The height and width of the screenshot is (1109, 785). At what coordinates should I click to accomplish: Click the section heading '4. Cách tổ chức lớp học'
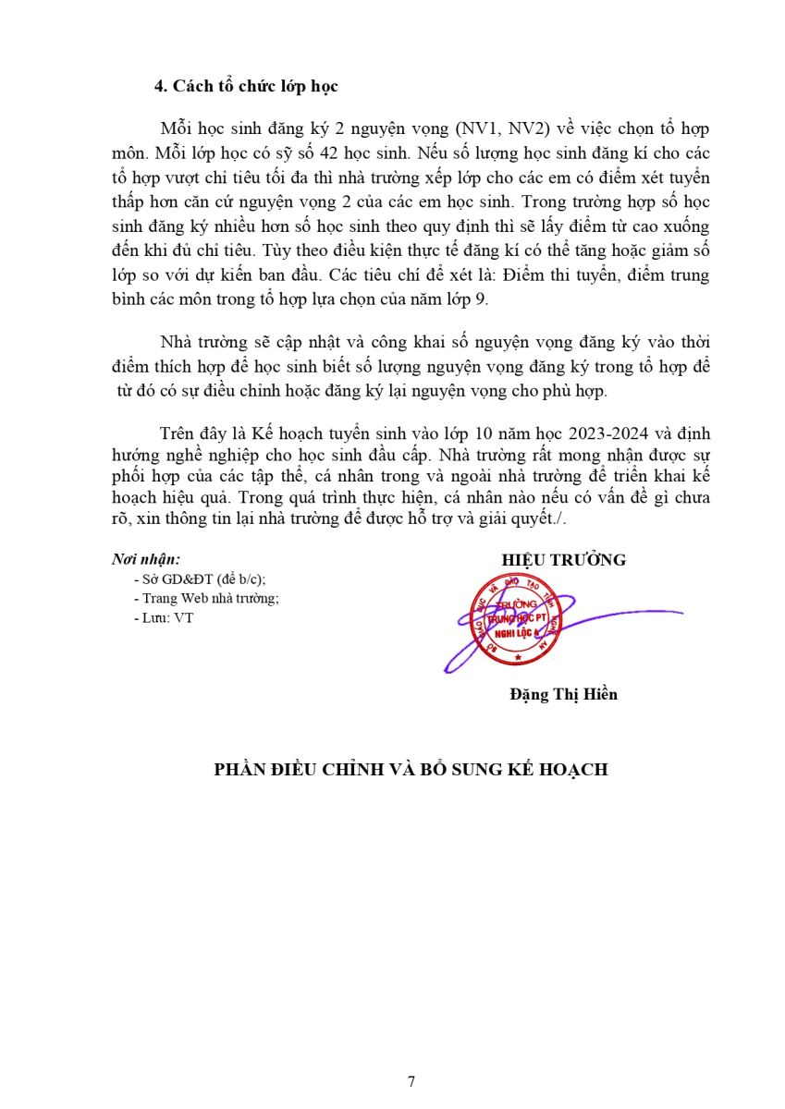tap(246, 87)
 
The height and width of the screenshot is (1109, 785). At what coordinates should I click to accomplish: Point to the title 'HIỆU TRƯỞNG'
tap(564, 560)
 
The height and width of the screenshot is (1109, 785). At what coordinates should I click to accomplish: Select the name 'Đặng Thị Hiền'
tap(563, 694)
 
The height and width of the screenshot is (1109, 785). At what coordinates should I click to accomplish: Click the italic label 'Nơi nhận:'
tap(146, 559)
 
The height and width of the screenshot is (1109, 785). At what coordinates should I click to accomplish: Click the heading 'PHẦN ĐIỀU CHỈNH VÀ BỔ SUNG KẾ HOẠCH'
tap(411, 769)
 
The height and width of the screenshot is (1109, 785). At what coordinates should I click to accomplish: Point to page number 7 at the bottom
tap(411, 1081)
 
